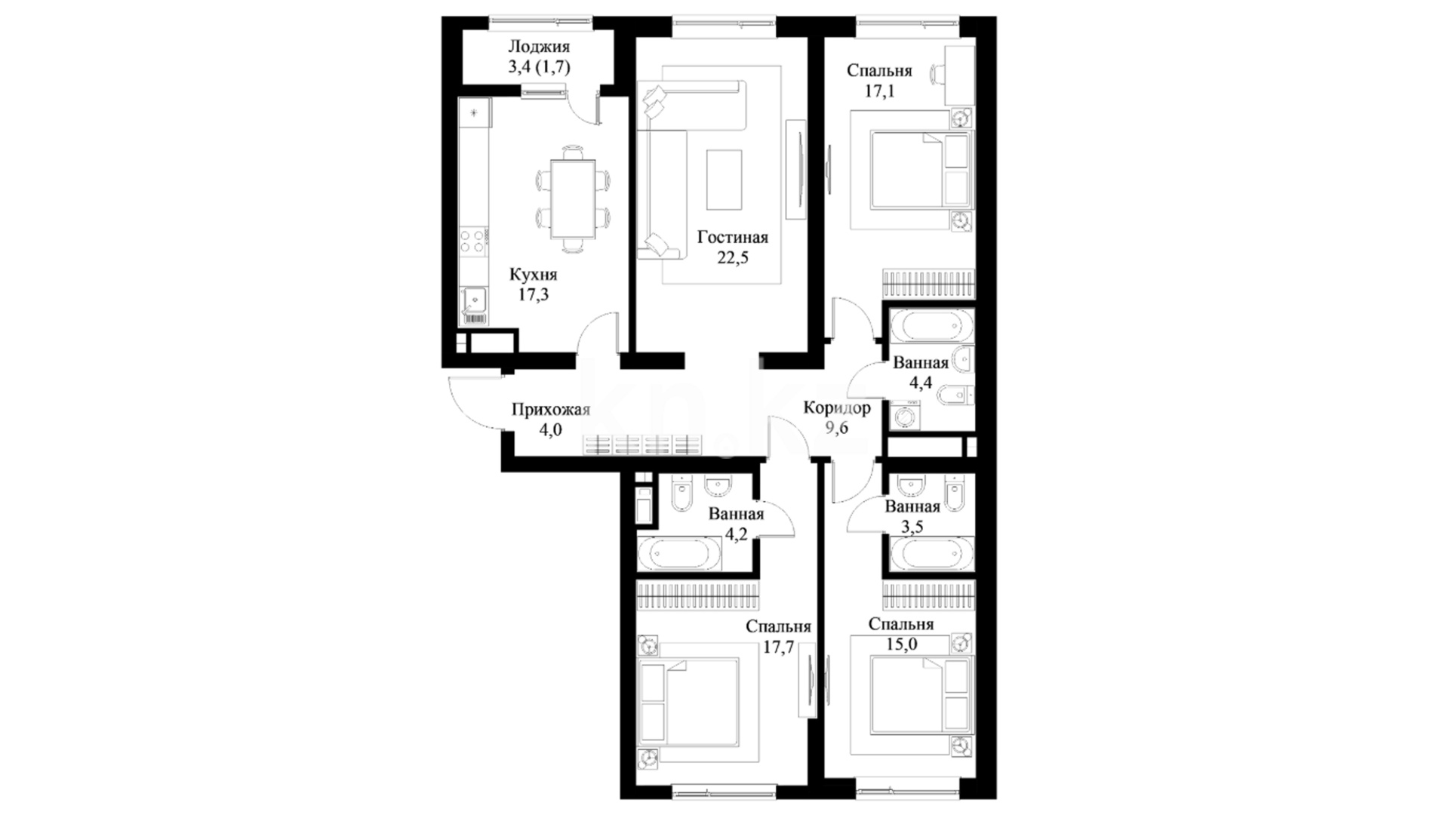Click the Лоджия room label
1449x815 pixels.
pyautogui.click(x=538, y=48)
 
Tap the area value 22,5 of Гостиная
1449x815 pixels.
pyautogui.click(x=732, y=258)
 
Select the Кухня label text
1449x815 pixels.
pyautogui.click(x=533, y=275)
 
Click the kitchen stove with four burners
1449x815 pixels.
pyautogui.click(x=474, y=241)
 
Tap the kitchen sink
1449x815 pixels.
pyautogui.click(x=475, y=300)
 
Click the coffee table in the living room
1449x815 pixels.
pyautogui.click(x=724, y=180)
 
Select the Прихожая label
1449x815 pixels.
pyautogui.click(x=550, y=410)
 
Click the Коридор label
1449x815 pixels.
pyautogui.click(x=836, y=408)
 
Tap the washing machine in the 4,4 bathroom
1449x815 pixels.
pyautogui.click(x=904, y=416)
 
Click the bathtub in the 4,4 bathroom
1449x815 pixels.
pyautogui.click(x=931, y=327)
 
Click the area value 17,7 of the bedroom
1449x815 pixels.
pyautogui.click(x=777, y=647)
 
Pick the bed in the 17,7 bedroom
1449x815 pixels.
pyautogui.click(x=688, y=703)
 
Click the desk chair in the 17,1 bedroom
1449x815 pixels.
pyautogui.click(x=938, y=74)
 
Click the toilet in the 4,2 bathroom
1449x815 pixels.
pyautogui.click(x=681, y=494)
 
